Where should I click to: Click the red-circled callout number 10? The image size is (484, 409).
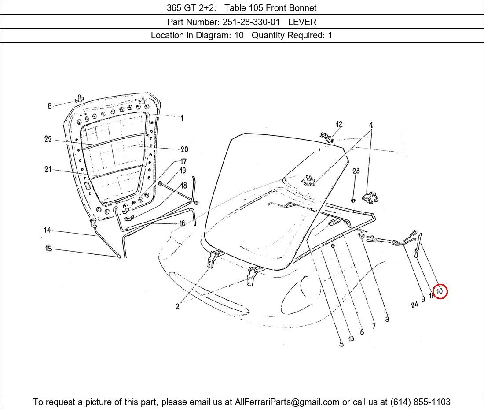[x=440, y=291]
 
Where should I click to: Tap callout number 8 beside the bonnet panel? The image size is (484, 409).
[x=49, y=106]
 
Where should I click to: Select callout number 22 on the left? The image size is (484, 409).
[x=48, y=139]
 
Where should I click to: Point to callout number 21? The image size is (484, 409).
[x=48, y=169]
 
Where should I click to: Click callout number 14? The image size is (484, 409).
[x=47, y=230]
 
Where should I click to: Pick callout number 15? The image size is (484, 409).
[x=48, y=249]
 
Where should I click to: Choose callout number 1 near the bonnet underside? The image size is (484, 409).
[x=182, y=118]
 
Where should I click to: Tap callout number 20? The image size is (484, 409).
[x=184, y=149]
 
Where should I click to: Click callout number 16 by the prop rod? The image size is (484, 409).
[x=183, y=223]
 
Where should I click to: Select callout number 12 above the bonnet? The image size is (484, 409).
[x=339, y=124]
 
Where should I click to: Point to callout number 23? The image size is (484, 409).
[x=356, y=171]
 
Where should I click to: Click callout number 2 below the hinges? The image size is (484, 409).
[x=177, y=306]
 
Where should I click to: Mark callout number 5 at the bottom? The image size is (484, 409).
[x=341, y=344]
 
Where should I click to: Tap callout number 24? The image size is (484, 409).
[x=414, y=305]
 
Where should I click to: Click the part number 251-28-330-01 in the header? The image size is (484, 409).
[x=251, y=22]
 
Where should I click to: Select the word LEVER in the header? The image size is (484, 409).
[x=302, y=22]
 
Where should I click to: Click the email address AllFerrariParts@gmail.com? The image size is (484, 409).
[x=287, y=402]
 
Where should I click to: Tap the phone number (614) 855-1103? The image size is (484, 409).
[x=420, y=402]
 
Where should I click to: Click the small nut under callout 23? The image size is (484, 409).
[x=353, y=201]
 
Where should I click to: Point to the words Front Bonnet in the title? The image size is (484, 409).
[x=291, y=8]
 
